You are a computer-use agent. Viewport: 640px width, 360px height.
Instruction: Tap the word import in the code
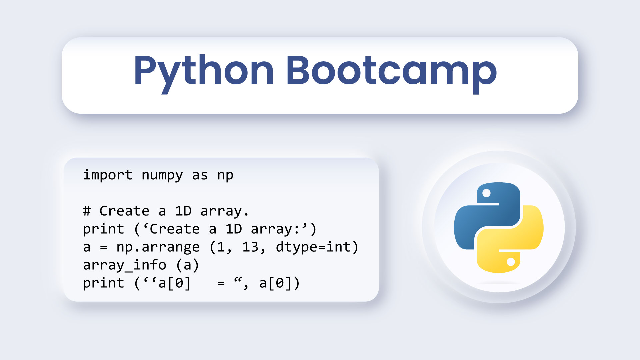click(x=108, y=175)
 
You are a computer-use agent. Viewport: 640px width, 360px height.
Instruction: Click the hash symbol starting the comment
click(x=87, y=211)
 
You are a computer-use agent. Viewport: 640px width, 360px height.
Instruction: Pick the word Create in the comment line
click(x=124, y=211)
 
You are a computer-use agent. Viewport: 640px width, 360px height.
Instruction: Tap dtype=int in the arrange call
click(x=313, y=247)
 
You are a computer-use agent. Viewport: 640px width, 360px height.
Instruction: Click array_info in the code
click(x=124, y=265)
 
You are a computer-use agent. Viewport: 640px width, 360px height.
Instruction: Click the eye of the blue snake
click(x=486, y=193)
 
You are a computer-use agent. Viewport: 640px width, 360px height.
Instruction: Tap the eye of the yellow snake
click(x=511, y=262)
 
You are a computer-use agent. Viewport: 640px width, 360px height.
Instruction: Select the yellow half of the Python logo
click(x=510, y=239)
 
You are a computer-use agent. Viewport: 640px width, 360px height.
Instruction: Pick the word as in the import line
click(x=200, y=175)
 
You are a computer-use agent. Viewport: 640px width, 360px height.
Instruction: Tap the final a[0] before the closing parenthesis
click(x=275, y=283)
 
